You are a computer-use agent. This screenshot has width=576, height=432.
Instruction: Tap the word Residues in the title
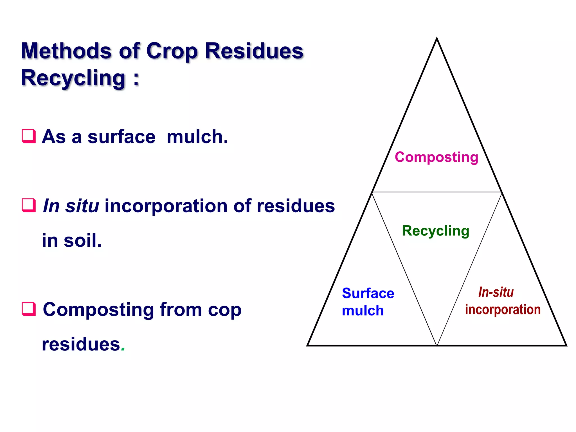click(254, 51)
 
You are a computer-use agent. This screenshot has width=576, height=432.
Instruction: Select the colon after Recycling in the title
click(136, 79)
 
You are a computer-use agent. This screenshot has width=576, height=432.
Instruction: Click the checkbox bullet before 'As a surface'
click(29, 136)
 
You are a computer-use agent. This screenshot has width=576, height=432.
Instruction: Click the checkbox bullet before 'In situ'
click(29, 205)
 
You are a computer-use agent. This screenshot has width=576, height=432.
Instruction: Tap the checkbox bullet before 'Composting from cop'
click(29, 309)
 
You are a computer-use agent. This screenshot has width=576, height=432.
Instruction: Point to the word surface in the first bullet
click(121, 137)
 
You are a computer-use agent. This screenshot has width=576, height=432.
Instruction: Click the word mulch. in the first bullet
click(197, 137)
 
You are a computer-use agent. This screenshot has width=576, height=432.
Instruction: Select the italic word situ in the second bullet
click(82, 206)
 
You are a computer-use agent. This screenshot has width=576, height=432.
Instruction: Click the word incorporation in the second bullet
click(166, 206)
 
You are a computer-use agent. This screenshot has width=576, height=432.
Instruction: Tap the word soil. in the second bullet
click(82, 241)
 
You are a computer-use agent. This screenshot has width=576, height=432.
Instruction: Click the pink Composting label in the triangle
click(436, 157)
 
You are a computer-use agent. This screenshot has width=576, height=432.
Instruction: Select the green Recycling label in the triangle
click(435, 231)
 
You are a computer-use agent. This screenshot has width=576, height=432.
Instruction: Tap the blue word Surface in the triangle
click(368, 293)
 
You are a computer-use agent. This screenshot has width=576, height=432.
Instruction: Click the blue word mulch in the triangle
click(363, 311)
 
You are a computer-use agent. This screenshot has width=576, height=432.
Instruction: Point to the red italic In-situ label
click(496, 292)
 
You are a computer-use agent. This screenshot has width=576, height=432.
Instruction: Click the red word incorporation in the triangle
click(503, 310)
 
